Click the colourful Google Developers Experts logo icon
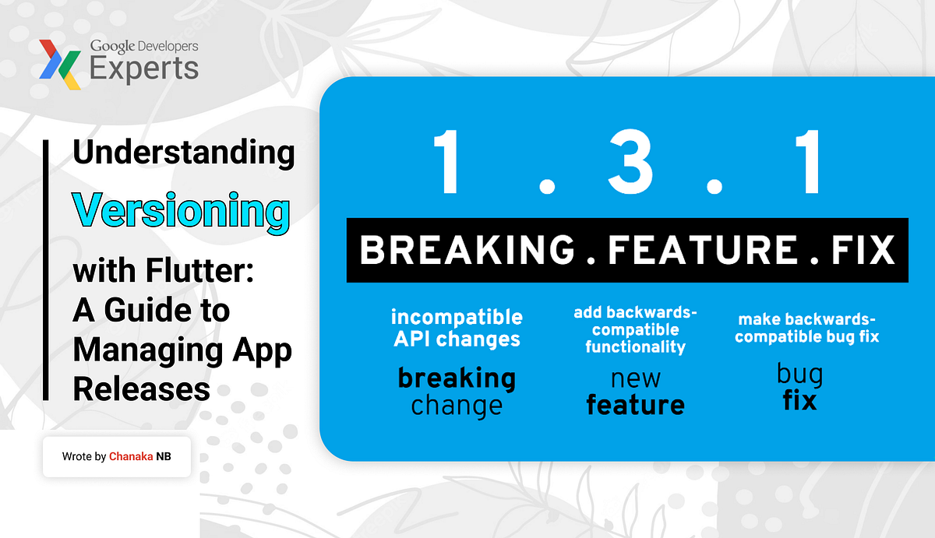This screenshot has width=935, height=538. point(60,64)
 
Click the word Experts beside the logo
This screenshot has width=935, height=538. point(144,69)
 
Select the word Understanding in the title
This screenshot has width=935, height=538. point(184,153)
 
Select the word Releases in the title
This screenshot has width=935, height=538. point(142,388)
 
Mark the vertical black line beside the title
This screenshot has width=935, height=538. point(46,269)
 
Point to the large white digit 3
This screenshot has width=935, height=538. point(630,164)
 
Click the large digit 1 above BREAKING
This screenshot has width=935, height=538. point(446,164)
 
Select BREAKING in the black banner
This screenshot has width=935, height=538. point(465,250)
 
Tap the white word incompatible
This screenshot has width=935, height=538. point(457,317)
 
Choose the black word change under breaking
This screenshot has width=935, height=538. point(457,406)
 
